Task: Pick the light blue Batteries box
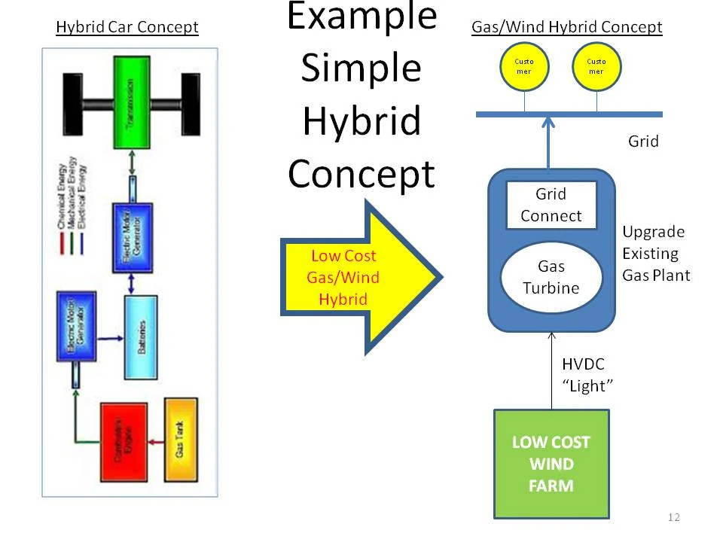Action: click(x=142, y=337)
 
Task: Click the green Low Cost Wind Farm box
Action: click(x=551, y=464)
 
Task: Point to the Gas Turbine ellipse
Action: click(x=551, y=277)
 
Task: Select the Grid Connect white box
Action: click(x=551, y=205)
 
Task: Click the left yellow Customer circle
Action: click(x=523, y=66)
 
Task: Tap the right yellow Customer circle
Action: click(x=596, y=66)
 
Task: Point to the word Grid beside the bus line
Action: click(x=643, y=142)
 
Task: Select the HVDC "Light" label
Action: click(x=587, y=374)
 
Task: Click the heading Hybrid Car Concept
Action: click(x=127, y=28)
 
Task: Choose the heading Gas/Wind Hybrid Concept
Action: click(x=566, y=28)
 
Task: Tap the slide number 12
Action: click(x=673, y=517)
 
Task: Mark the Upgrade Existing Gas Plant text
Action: click(x=655, y=254)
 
